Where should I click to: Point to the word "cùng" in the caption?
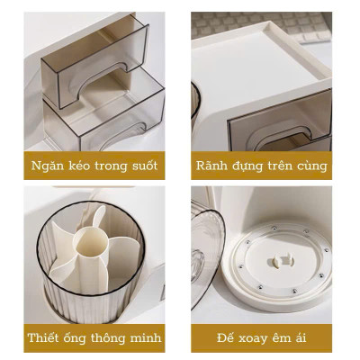312,166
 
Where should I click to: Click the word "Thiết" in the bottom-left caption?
48,338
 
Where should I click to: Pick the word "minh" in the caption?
146,338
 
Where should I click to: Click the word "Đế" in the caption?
226,338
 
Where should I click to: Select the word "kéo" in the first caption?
79,166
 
